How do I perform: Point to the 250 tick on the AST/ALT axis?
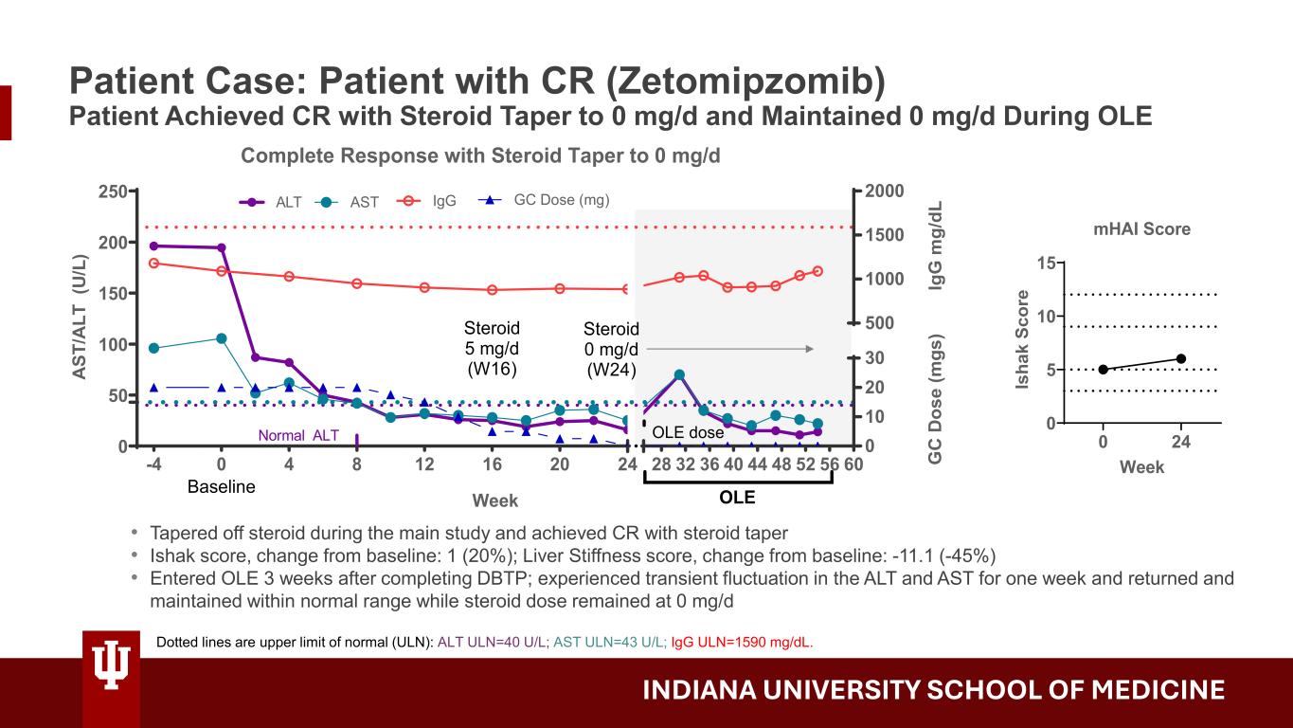pos(115,191)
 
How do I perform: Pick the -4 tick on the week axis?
pos(153,464)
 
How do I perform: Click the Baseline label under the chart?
pos(221,486)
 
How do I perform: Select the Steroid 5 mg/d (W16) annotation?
pos(492,348)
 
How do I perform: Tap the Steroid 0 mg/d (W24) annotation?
pos(611,349)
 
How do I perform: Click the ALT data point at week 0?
pos(222,247)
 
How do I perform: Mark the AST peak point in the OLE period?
pos(679,374)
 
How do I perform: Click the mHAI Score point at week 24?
pos(1180,358)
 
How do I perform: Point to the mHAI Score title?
pos(1140,228)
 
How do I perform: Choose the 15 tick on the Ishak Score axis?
pos(1046,263)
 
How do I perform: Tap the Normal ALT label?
pos(298,436)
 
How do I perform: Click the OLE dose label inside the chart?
pos(688,433)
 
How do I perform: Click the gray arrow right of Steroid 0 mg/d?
pos(729,349)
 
